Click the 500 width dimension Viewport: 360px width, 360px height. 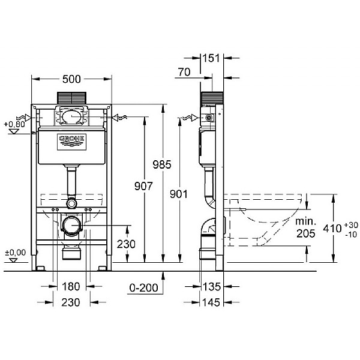tap(71, 79)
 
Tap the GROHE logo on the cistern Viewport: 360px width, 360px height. tap(71, 142)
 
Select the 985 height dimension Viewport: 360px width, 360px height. tap(162, 164)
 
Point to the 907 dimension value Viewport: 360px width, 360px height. tap(143, 186)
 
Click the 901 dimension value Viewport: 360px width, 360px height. tap(179, 194)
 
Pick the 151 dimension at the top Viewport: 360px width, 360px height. tap(211, 58)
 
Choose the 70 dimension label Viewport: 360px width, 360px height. tap(184, 72)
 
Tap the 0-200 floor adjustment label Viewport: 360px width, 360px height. tap(144, 287)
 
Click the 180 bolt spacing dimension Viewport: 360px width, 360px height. tap(71, 287)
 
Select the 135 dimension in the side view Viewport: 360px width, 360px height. tap(211, 287)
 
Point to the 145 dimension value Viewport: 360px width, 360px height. tap(211, 302)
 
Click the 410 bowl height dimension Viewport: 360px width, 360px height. tap(332, 229)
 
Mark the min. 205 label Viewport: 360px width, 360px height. tap(306, 227)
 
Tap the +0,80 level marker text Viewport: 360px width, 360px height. tap(14, 124)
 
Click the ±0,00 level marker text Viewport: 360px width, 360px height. tap(16, 253)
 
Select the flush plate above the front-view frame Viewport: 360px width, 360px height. tap(71, 98)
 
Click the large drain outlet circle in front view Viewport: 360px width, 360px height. tap(71, 226)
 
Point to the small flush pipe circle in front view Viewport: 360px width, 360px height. tap(71, 203)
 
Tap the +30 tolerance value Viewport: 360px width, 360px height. tap(351, 225)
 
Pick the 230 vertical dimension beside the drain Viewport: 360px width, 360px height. tap(126, 244)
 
